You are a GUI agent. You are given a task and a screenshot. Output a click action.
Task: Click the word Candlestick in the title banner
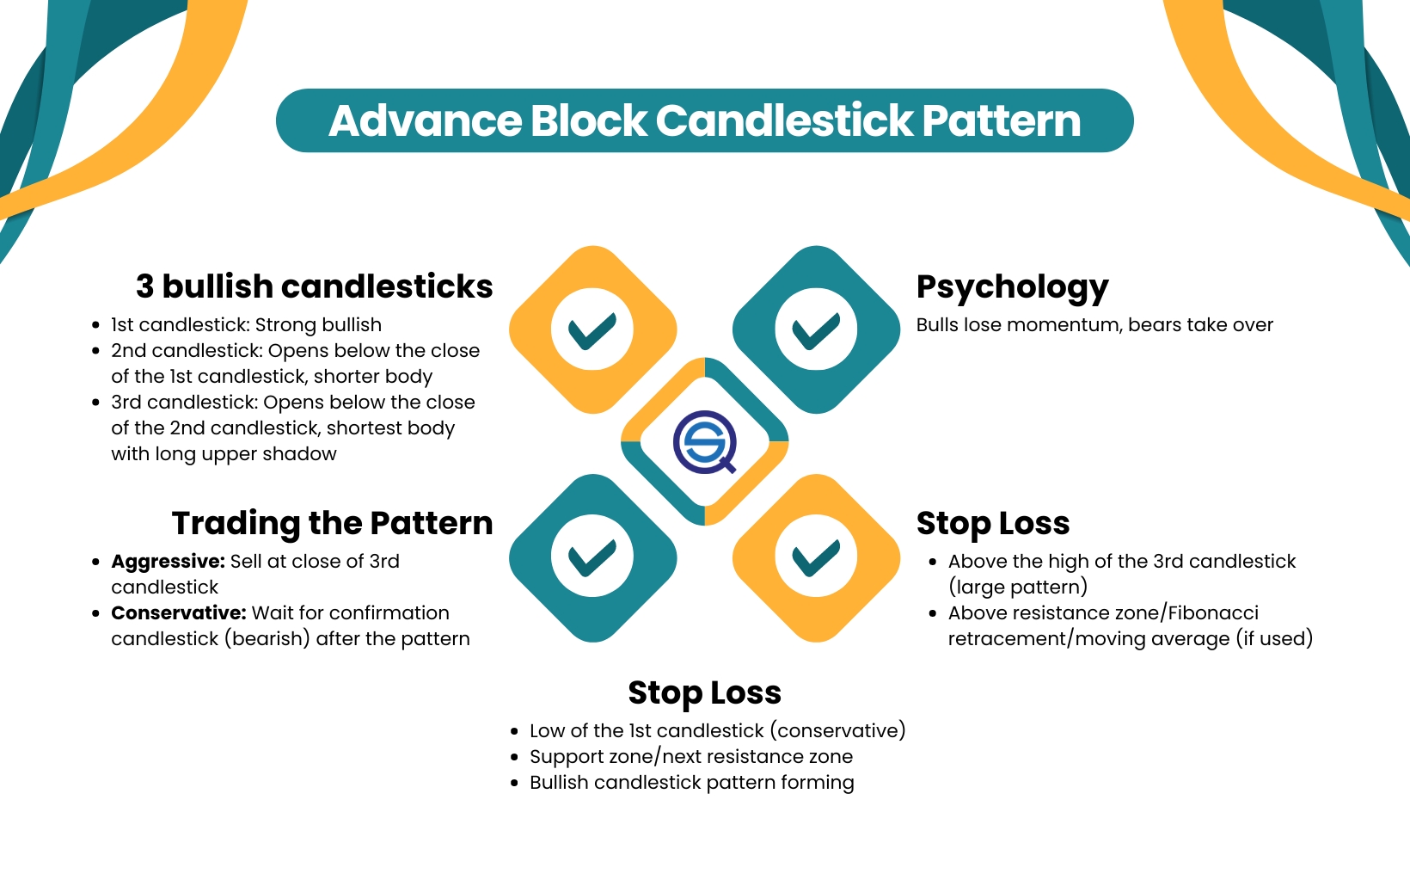pos(784,120)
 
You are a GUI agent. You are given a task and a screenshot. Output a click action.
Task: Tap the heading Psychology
pos(1012,286)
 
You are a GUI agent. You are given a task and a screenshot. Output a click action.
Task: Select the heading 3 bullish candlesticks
pos(314,286)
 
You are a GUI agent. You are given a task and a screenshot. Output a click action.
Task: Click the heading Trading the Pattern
pos(332,523)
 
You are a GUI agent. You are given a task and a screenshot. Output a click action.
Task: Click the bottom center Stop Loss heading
pos(704,692)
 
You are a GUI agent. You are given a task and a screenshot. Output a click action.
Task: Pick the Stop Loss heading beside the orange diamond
pos(992,523)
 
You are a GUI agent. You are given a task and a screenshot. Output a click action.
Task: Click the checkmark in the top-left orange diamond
pos(592,330)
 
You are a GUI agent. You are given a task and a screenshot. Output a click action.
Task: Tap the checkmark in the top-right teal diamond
pos(816,330)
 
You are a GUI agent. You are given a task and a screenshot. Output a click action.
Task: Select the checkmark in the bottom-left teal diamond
pos(592,557)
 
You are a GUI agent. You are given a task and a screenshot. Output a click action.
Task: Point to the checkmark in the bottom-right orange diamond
pos(816,557)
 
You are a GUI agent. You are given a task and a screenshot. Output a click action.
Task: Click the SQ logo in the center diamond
pos(705,442)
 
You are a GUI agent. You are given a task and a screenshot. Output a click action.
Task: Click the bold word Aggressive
pos(168,562)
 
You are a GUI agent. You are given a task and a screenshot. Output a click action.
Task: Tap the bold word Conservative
pos(178,613)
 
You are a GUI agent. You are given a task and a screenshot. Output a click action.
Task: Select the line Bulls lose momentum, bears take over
pos(1094,325)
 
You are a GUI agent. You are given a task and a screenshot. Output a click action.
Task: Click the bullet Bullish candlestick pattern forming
pos(691,783)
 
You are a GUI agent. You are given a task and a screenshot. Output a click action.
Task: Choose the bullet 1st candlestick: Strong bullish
pos(246,325)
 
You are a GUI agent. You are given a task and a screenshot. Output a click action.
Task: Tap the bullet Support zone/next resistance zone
pos(690,757)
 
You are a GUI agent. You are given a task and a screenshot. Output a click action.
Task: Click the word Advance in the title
pos(425,120)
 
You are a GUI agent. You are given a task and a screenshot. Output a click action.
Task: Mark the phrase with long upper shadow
pos(224,454)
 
